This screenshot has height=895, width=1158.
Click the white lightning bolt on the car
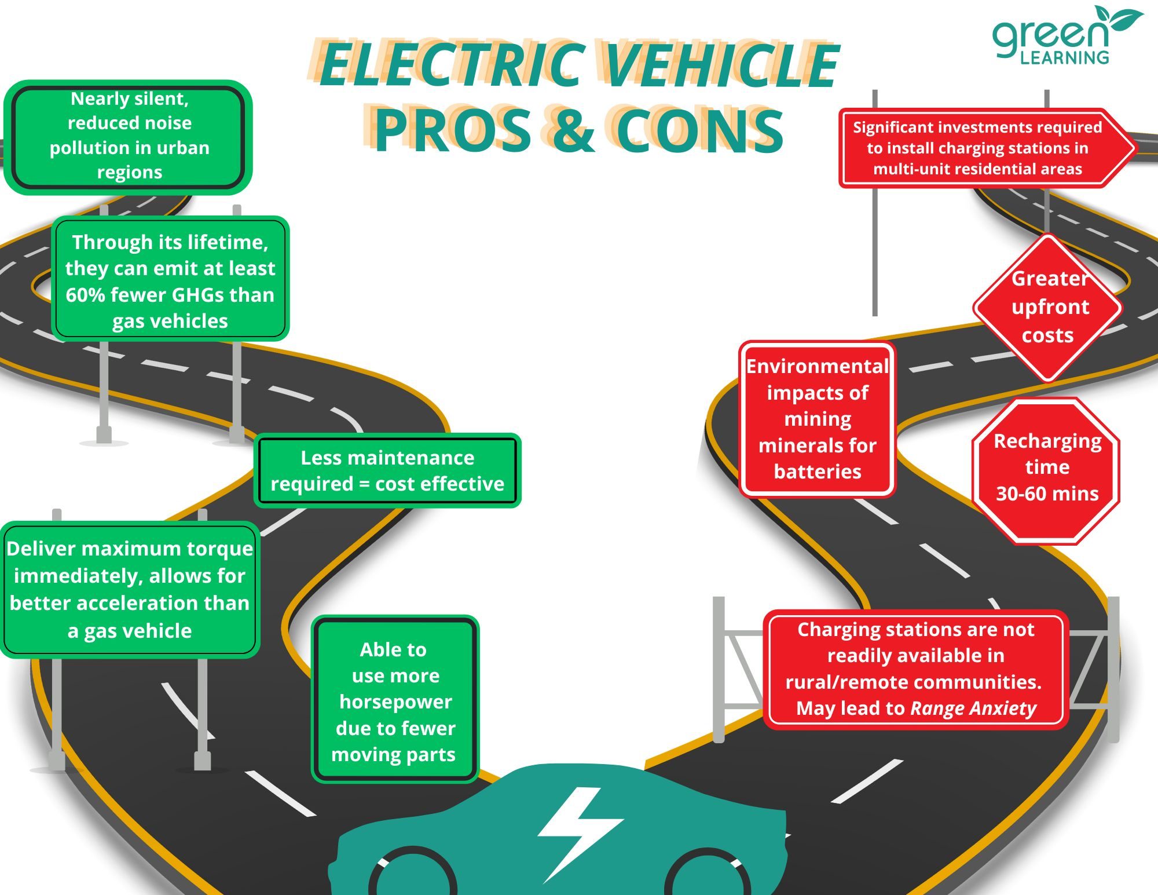click(579, 831)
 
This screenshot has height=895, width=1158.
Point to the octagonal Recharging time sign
click(1046, 470)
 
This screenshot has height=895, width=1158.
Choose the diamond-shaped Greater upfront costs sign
click(1048, 307)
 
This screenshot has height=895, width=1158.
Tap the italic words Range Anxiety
click(973, 708)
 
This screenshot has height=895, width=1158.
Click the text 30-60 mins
click(1047, 494)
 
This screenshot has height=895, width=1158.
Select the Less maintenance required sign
click(387, 470)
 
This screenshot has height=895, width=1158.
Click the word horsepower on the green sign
click(395, 702)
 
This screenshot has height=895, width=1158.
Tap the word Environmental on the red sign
click(817, 366)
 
